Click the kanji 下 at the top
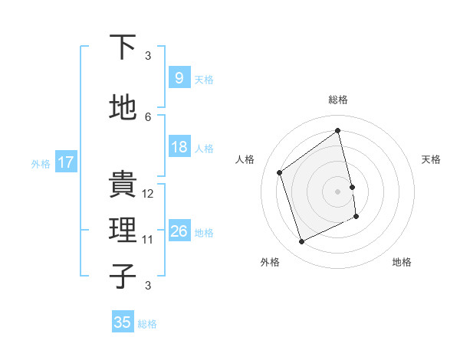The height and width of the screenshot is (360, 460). click(123, 47)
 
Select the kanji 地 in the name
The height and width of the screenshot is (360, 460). click(123, 108)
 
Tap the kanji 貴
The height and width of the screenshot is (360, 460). click(123, 185)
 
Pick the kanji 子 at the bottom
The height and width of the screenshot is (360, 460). click(123, 277)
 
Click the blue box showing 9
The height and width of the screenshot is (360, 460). click(179, 78)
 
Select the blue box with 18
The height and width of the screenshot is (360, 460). click(179, 147)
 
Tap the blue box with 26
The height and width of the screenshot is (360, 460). click(179, 231)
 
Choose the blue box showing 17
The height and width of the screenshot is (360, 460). click(65, 162)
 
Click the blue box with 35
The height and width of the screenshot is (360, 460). click(123, 322)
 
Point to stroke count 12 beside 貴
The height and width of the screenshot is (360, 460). click(148, 194)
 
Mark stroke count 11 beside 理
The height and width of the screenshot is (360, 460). click(148, 240)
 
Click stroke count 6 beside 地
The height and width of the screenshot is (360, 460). click(148, 117)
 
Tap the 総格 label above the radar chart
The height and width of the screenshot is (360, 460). click(338, 100)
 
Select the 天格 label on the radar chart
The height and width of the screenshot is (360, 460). click(431, 159)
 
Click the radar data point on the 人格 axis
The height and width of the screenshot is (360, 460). click(280, 172)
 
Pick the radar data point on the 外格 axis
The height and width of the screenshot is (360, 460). click(301, 242)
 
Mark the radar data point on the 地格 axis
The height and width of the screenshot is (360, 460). click(356, 217)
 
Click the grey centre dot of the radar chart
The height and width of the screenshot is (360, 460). click(338, 191)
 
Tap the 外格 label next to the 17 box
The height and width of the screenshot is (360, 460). click(41, 163)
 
